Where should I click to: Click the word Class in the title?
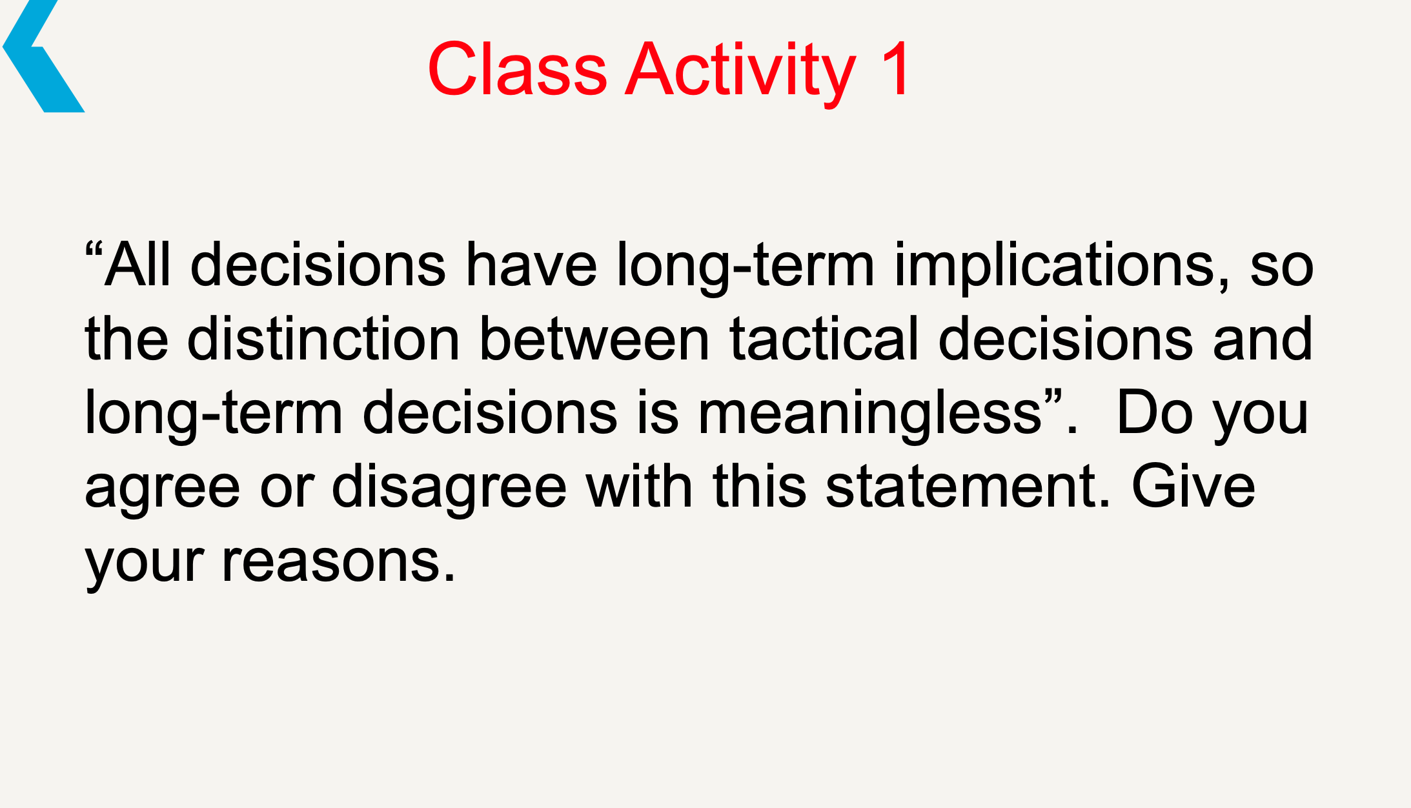point(517,69)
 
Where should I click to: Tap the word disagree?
point(449,487)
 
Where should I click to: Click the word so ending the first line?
point(1281,266)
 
